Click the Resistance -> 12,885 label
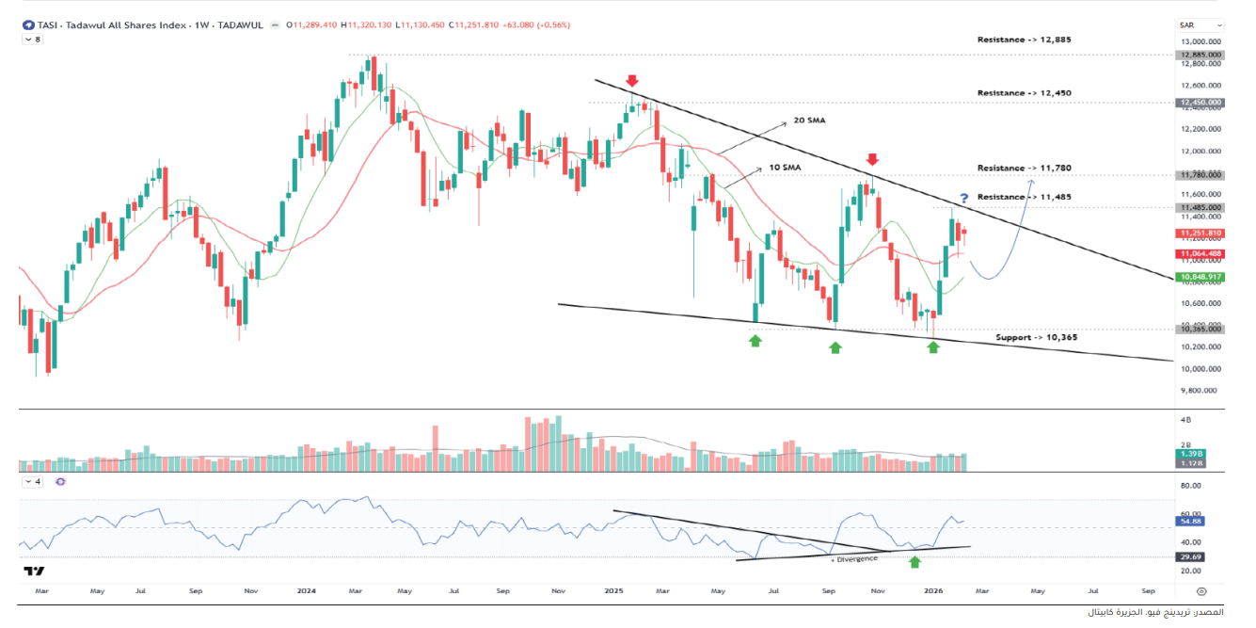coord(1024,40)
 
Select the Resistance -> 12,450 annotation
coord(1024,93)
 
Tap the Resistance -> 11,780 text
coord(1024,168)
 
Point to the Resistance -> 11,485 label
coord(1024,197)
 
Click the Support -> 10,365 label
coord(1036,337)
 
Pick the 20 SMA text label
coord(809,121)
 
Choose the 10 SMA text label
coord(784,167)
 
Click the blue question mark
coord(963,198)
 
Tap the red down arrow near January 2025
coord(632,82)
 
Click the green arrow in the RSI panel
coord(914,562)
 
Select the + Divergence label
coord(854,558)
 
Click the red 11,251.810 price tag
coord(1200,233)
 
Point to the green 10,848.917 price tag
coord(1200,277)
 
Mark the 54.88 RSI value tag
coord(1191,521)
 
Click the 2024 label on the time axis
coord(305,591)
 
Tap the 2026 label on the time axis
coord(933,591)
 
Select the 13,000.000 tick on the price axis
coord(1200,42)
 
